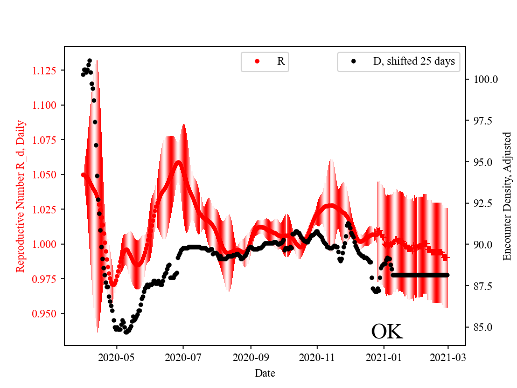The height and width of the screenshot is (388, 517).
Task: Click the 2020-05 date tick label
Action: tap(117, 357)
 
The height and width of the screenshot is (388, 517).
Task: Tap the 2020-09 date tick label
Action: tap(250, 357)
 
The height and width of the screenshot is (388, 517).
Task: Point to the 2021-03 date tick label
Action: tap(448, 357)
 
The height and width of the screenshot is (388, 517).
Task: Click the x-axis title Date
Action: tap(265, 372)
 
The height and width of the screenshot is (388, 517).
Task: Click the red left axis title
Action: tap(20, 196)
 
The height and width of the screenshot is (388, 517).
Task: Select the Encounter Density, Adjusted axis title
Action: tap(507, 196)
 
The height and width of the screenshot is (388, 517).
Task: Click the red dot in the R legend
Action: tap(257, 61)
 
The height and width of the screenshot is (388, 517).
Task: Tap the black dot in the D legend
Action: tap(353, 61)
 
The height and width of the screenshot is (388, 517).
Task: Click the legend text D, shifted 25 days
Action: tap(414, 61)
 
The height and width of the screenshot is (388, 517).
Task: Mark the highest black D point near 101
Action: tap(89, 60)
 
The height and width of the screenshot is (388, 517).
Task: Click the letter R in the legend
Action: tap(281, 61)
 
